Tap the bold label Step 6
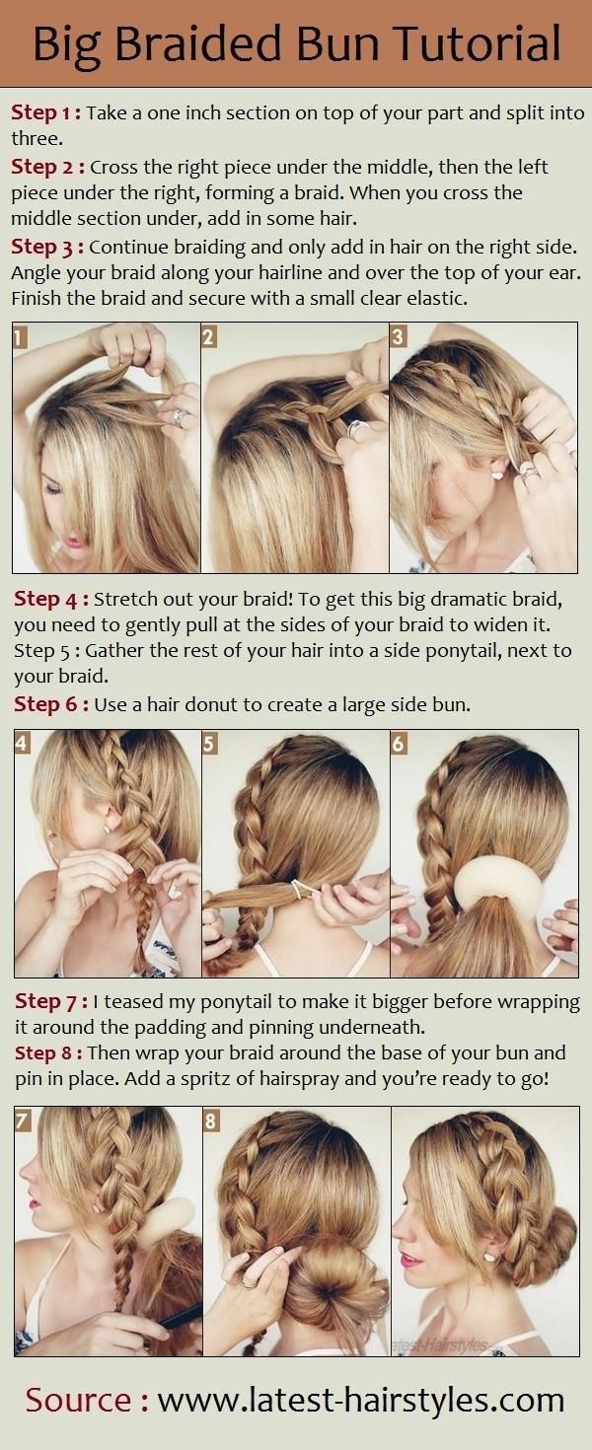50,704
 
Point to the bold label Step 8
50,1053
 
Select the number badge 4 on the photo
23,743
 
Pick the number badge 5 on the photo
209,743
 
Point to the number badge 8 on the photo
211,1121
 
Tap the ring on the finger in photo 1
180,417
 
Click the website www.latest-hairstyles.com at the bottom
360,1400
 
